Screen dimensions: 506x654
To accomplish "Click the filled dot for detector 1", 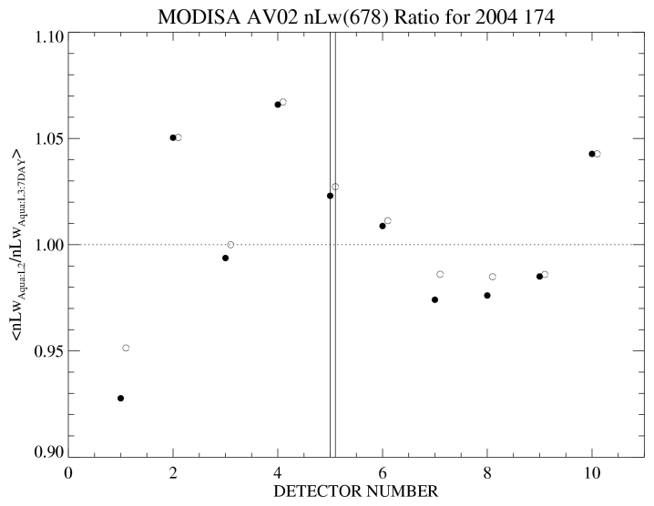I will pyautogui.click(x=120, y=398).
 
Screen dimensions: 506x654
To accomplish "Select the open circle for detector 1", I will pyautogui.click(x=126, y=348).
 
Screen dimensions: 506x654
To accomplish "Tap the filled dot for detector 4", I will pyautogui.click(x=278, y=105).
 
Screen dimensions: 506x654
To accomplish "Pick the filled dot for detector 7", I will pyautogui.click(x=434, y=299).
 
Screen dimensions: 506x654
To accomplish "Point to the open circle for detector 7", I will pyautogui.click(x=440, y=274).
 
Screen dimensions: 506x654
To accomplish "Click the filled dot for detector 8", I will pyautogui.click(x=487, y=295).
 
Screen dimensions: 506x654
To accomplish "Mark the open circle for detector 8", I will pyautogui.click(x=493, y=277).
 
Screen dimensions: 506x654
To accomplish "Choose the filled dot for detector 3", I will pyautogui.click(x=225, y=258).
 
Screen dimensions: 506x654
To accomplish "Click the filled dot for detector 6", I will pyautogui.click(x=383, y=226).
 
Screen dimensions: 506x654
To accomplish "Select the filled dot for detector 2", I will pyautogui.click(x=173, y=137).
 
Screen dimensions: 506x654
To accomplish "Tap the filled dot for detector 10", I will pyautogui.click(x=592, y=154).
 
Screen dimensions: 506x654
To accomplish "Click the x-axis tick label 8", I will pyautogui.click(x=487, y=473).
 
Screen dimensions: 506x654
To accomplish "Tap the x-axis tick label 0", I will pyautogui.click(x=68, y=473).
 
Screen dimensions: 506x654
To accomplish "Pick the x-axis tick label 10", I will pyautogui.click(x=592, y=473).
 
